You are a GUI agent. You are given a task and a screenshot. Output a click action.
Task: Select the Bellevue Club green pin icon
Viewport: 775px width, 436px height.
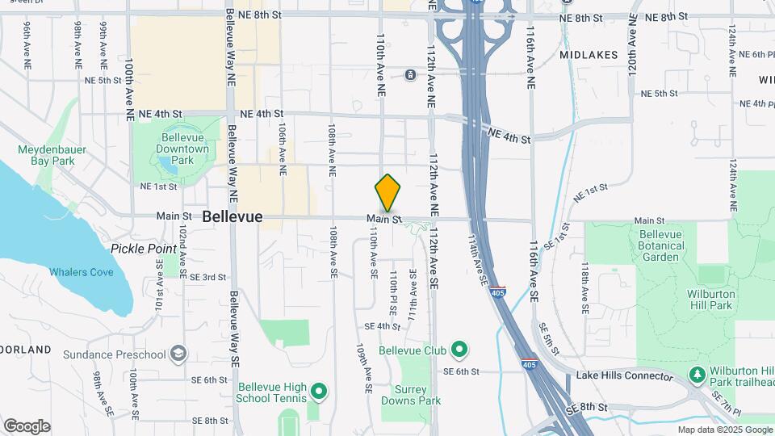459,350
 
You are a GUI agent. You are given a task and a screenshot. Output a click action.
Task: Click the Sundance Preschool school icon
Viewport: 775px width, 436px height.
178,354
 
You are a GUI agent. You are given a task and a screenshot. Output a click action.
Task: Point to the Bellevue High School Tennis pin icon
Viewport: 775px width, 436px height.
319,392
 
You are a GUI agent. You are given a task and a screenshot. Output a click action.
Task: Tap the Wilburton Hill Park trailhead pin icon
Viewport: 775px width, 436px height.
697,375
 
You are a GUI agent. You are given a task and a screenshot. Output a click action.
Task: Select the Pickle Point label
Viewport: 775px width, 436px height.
144,249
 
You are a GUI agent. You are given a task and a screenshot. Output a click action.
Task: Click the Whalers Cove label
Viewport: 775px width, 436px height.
81,272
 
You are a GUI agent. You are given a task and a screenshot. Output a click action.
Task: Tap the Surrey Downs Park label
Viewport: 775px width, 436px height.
411,395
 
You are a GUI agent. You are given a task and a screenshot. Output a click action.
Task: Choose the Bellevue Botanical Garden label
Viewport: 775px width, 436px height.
661,245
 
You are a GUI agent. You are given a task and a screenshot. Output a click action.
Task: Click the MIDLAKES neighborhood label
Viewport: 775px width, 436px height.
589,55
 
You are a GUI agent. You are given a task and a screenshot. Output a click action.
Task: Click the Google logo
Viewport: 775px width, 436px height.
27,426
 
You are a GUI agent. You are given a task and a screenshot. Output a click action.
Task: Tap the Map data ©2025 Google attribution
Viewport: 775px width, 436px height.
724,430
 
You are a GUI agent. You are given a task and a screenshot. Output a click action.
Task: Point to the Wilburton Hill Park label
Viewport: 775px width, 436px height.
710,300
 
